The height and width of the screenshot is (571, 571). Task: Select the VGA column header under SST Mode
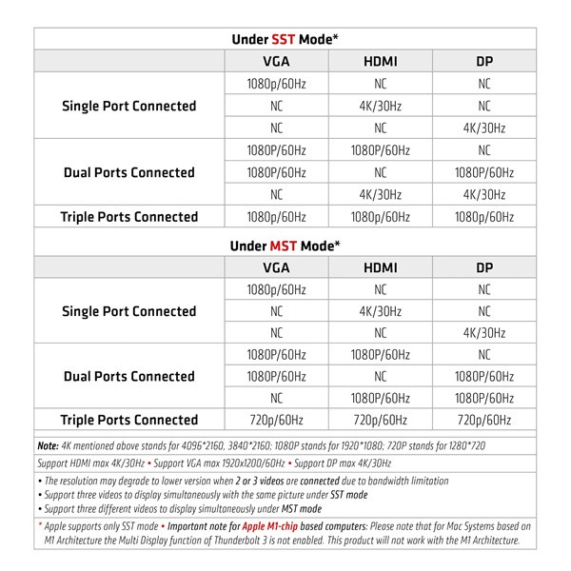(275, 62)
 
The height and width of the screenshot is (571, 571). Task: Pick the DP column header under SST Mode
(484, 62)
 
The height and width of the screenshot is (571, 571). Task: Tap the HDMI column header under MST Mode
(380, 267)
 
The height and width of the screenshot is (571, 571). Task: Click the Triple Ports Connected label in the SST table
(129, 217)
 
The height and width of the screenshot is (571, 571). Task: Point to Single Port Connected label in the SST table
(129, 106)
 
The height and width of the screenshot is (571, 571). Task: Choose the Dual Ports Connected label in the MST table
(129, 376)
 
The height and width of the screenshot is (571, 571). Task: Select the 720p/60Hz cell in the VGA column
(275, 420)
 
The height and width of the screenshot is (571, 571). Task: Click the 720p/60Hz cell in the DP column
(484, 420)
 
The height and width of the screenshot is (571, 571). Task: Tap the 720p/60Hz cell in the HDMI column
(380, 420)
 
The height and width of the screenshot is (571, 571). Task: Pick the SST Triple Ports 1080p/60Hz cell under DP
(484, 217)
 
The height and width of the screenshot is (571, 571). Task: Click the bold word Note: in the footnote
(48, 444)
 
